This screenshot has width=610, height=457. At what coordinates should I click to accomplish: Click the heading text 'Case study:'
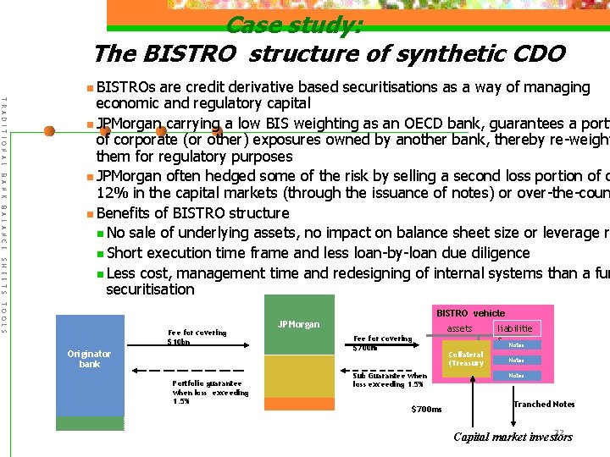294,25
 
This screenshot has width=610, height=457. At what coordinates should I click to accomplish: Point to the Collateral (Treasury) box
465,359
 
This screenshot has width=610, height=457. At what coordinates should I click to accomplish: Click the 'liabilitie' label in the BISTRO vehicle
515,328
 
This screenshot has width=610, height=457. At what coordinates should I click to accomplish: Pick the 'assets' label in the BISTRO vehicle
459,328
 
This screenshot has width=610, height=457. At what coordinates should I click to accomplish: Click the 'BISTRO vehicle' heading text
470,312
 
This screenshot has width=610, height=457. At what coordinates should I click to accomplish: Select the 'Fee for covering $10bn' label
197,337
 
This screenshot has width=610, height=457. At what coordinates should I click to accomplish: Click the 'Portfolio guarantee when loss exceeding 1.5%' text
210,393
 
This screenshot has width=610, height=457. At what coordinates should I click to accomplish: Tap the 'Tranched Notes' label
544,405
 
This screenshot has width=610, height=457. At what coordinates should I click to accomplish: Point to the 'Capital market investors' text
513,437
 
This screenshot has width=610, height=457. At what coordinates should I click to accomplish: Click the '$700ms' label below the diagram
426,410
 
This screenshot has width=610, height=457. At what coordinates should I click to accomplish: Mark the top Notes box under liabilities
516,344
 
